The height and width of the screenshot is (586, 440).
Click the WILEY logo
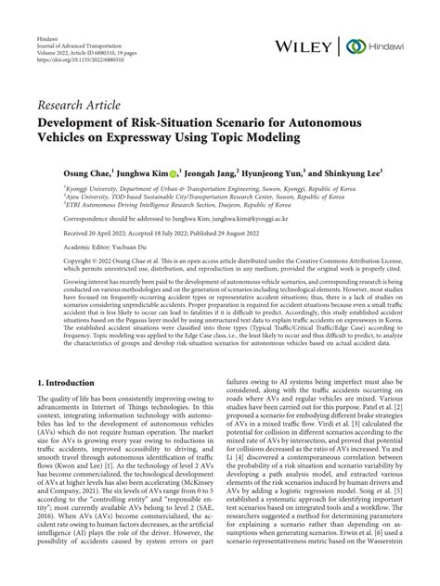307,46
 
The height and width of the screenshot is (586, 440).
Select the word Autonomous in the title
347,121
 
